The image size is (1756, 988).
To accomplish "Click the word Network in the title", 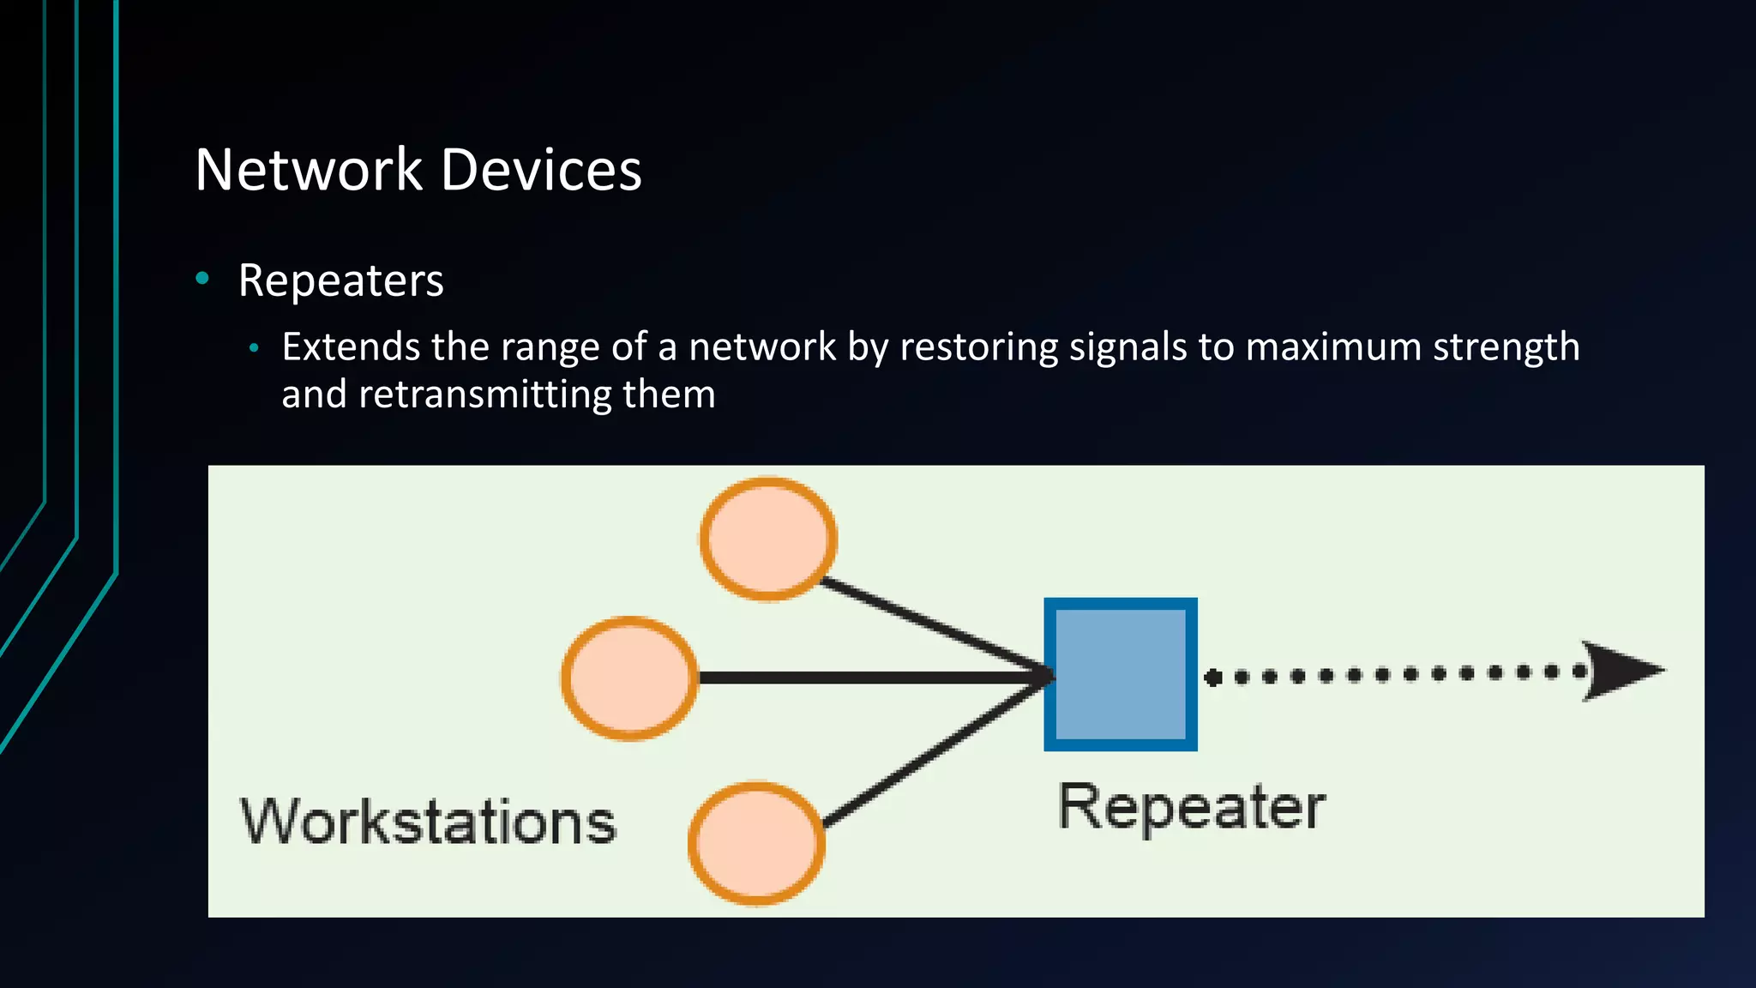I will pyautogui.click(x=309, y=170).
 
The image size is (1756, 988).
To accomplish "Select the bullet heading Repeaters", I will pyautogui.click(x=340, y=280).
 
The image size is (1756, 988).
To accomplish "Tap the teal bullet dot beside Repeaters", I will pyautogui.click(x=202, y=277).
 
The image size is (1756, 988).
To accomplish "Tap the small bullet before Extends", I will pyautogui.click(x=253, y=348).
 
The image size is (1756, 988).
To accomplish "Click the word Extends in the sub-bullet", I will pyautogui.click(x=351, y=347).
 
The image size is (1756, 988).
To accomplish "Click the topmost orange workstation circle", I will pyautogui.click(x=768, y=539).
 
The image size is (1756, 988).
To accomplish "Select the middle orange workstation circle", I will pyautogui.click(x=629, y=678).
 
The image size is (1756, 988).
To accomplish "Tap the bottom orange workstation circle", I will pyautogui.click(x=756, y=843).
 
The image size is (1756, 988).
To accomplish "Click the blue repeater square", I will pyautogui.click(x=1120, y=674).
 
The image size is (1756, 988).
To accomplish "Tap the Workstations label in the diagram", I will pyautogui.click(x=428, y=822).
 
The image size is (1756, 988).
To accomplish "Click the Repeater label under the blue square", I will pyautogui.click(x=1191, y=807).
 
